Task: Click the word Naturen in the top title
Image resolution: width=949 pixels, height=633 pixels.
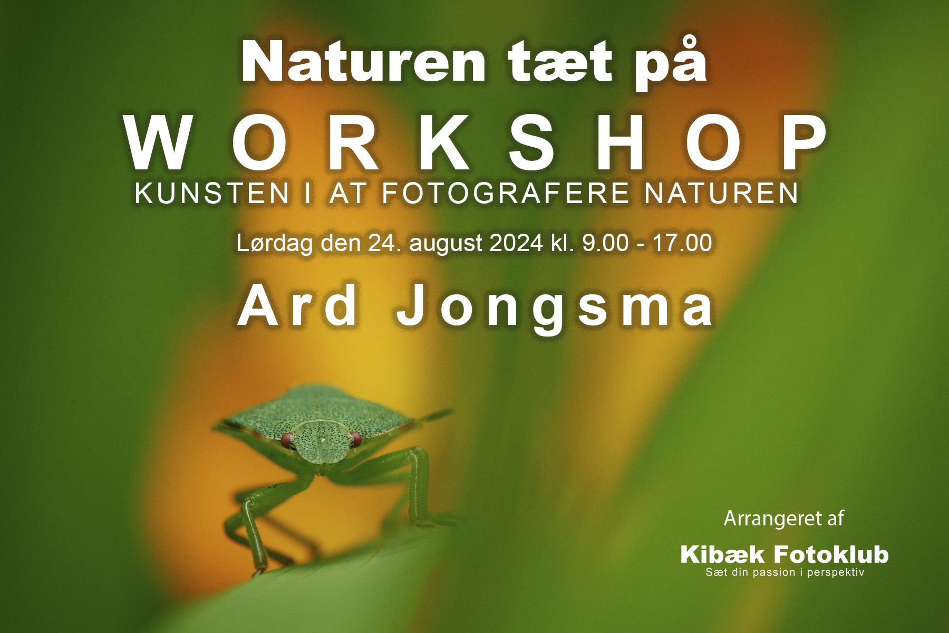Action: pyautogui.click(x=363, y=62)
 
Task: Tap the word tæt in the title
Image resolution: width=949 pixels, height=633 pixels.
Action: pyautogui.click(x=560, y=62)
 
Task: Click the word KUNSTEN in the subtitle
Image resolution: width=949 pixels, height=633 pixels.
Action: pyautogui.click(x=212, y=193)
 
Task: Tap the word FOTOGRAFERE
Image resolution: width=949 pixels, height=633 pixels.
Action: pyautogui.click(x=506, y=193)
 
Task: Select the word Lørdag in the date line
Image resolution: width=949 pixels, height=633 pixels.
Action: pyautogui.click(x=275, y=243)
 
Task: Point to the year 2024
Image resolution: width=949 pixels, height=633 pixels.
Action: pyautogui.click(x=516, y=243)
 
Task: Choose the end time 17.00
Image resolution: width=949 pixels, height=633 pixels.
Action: pyautogui.click(x=682, y=243)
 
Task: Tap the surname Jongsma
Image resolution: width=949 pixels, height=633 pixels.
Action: pyautogui.click(x=555, y=309)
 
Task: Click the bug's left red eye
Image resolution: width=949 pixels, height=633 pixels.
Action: pyautogui.click(x=287, y=440)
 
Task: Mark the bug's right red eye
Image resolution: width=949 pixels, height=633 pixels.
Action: pyautogui.click(x=355, y=439)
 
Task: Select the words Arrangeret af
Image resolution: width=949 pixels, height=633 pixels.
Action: pyautogui.click(x=784, y=519)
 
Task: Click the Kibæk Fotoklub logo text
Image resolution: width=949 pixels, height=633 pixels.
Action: pyautogui.click(x=785, y=554)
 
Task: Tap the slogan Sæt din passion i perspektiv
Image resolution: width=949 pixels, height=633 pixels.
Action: pyautogui.click(x=785, y=572)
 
